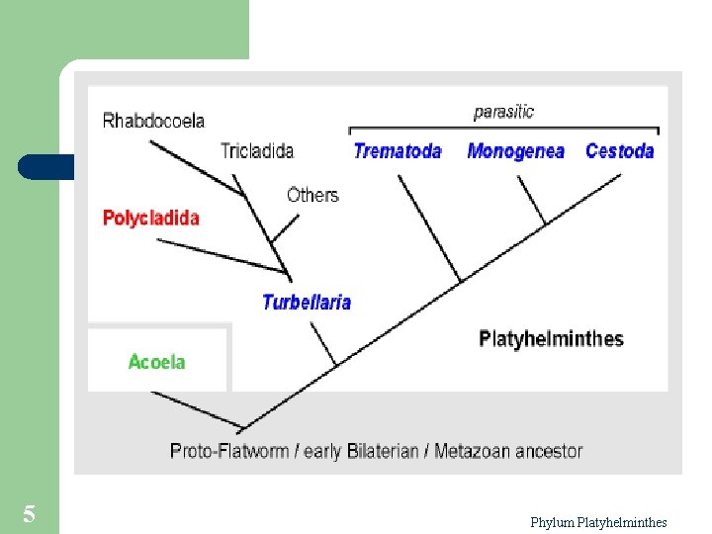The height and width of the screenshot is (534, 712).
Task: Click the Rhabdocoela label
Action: (x=153, y=122)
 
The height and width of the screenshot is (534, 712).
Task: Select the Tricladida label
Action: (x=257, y=151)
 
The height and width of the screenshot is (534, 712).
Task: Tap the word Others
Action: (x=312, y=195)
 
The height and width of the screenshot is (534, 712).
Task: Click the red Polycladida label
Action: (x=151, y=218)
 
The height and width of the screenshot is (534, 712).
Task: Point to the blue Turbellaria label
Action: (x=307, y=303)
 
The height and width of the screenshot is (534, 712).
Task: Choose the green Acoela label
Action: (x=156, y=362)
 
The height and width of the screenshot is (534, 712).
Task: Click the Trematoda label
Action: (x=398, y=151)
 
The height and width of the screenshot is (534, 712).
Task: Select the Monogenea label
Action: (x=515, y=151)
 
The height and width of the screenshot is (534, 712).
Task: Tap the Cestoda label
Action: (x=620, y=151)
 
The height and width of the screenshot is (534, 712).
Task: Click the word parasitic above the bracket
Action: (x=503, y=112)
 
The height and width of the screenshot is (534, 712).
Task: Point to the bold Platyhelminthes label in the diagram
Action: (x=551, y=339)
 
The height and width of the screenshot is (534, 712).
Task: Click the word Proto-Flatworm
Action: (x=229, y=451)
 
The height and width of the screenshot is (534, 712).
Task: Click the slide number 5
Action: (x=29, y=514)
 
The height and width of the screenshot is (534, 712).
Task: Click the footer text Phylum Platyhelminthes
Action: (x=598, y=522)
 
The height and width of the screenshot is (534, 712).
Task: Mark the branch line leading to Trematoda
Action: (x=430, y=229)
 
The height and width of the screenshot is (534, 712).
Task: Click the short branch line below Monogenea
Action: (x=532, y=201)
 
